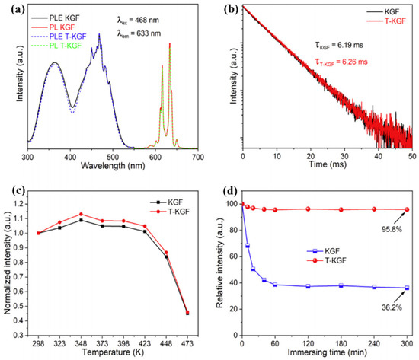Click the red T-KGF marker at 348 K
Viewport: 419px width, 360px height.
pos(81,215)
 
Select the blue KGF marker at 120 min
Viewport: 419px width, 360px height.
pos(308,286)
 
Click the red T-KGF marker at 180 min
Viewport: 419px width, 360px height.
pos(341,209)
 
